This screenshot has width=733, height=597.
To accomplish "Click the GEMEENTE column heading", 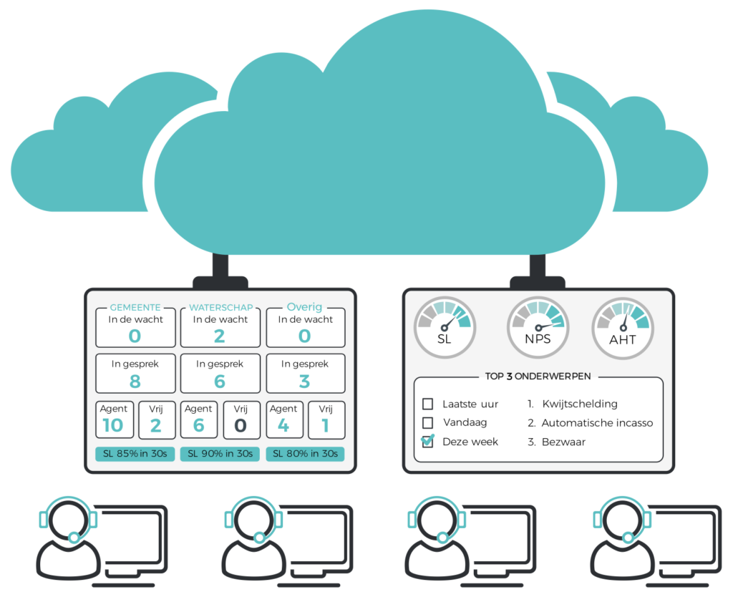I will pos(135,307).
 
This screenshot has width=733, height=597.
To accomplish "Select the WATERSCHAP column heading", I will pos(220,307).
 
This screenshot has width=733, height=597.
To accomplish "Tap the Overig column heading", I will pos(305,307).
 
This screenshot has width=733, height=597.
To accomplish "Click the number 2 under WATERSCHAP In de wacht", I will pos(220,336).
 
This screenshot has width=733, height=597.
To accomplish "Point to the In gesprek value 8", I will pos(135,381).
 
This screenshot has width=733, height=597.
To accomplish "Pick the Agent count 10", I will pos(112,425).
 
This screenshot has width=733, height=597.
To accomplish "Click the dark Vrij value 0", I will pos(241,425).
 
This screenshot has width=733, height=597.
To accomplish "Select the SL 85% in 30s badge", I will pos(135,454).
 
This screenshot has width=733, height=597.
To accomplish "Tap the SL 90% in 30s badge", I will pos(220,454).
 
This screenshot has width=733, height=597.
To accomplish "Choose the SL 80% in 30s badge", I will pos(305,454).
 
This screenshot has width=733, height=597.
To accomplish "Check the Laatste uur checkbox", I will pos(427,404).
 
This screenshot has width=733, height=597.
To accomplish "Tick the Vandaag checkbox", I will pos(427,422).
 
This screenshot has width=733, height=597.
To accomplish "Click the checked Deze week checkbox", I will pos(427,441).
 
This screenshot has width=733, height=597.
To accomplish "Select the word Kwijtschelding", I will pos(579,404).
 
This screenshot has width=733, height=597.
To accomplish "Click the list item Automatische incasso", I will pos(597,422).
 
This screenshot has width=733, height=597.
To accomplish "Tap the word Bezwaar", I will pos(563,442).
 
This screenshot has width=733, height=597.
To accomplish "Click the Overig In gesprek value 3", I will pos(305,381).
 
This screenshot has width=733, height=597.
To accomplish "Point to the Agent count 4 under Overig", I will pos(283,425).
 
